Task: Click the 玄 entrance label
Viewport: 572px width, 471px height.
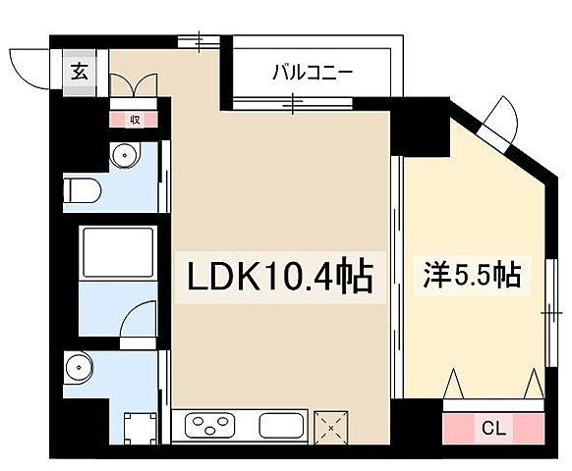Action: click(x=79, y=72)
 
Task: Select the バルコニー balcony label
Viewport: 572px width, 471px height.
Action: click(x=313, y=72)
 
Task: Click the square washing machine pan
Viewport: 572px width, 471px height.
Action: click(x=138, y=427)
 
